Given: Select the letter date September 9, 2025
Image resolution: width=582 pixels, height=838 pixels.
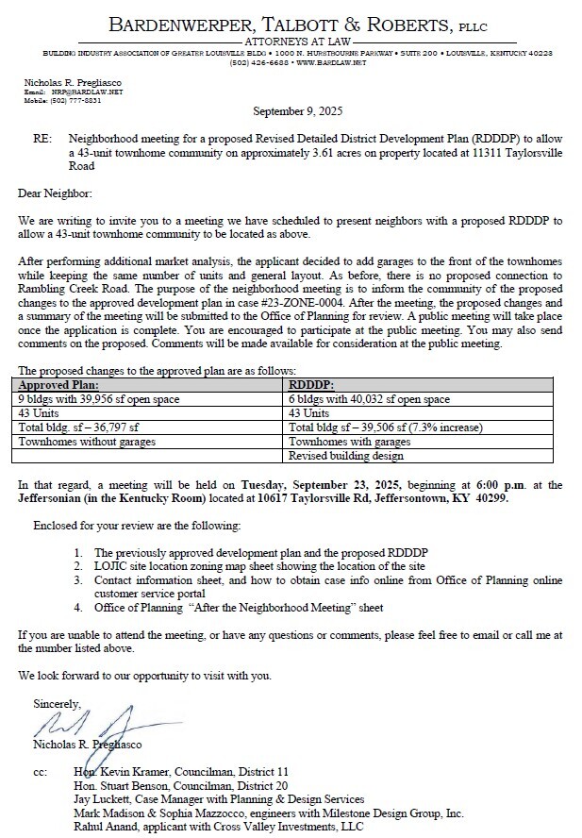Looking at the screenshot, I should [291, 109].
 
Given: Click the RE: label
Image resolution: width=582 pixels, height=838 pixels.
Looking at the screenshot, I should [42, 139].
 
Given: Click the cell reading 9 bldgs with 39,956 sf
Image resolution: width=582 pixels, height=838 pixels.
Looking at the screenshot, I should [99, 399].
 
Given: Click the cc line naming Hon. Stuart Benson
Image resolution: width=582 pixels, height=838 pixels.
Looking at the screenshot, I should [180, 784].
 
